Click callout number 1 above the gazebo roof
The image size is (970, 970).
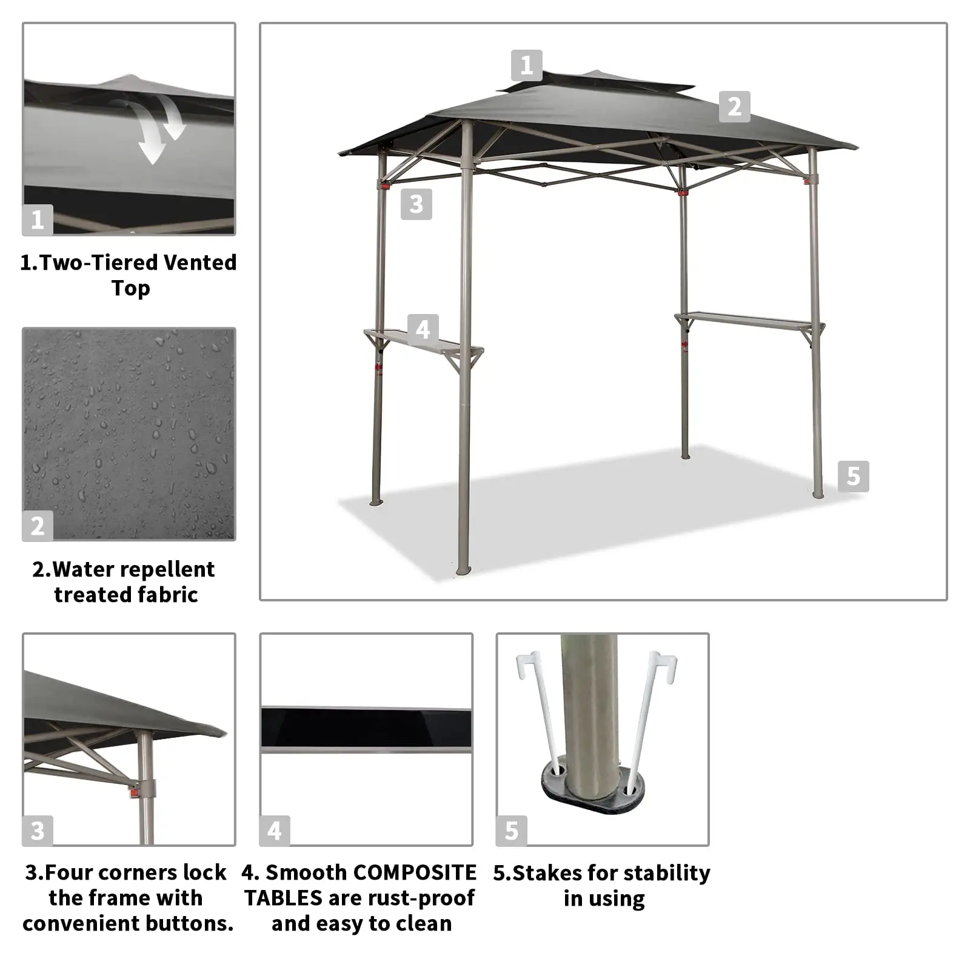(526, 65)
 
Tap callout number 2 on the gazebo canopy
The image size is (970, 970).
(735, 107)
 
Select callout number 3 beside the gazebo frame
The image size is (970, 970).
(416, 204)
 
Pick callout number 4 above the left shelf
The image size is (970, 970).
(423, 329)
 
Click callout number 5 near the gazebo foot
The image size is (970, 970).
(854, 476)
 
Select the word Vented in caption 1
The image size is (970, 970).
(200, 263)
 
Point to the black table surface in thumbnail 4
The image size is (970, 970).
(366, 727)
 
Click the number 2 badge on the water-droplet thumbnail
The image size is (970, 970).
(38, 526)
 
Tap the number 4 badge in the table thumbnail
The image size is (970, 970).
(275, 831)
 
